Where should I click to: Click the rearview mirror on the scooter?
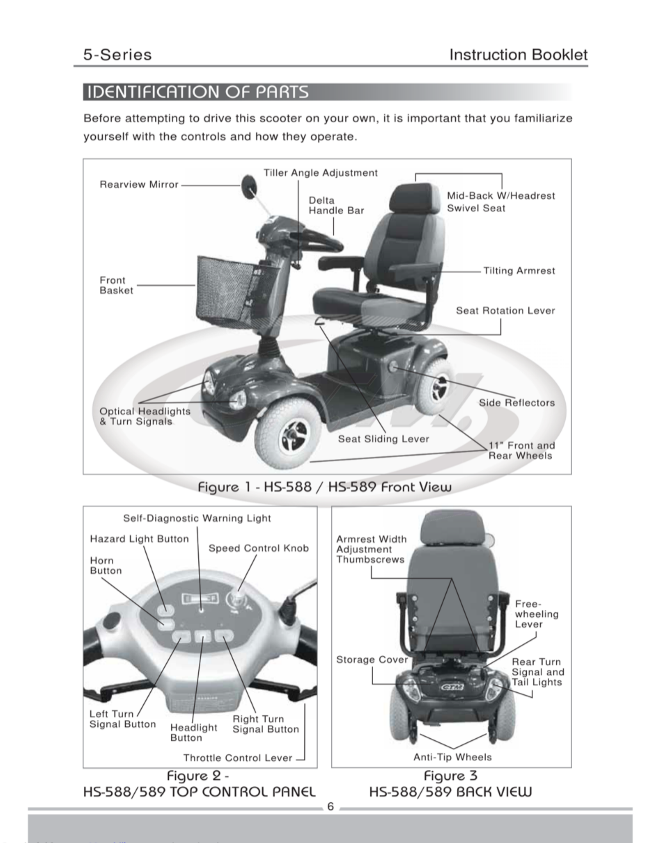(x=249, y=186)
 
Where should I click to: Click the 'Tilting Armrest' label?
(x=519, y=271)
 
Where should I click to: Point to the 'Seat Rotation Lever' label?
(x=505, y=311)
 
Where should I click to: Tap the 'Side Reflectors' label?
(x=517, y=403)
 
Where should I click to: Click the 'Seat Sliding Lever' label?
(x=383, y=439)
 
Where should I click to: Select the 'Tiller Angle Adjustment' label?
(x=320, y=173)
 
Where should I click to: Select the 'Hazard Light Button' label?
(x=139, y=539)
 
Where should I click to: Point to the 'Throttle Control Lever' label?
(x=238, y=758)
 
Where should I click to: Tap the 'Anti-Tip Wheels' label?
(x=452, y=757)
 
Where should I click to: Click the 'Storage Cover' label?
(x=372, y=660)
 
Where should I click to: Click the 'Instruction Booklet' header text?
(x=518, y=55)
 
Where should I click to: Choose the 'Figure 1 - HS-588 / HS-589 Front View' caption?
(x=325, y=487)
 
